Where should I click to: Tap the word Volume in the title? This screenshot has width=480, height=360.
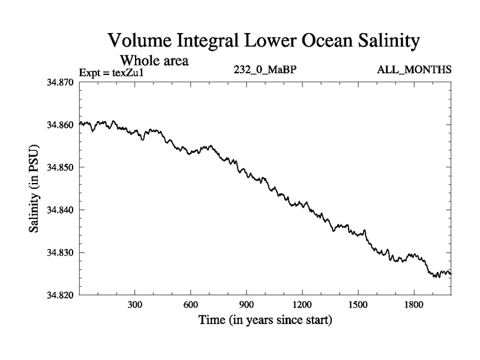[142, 41]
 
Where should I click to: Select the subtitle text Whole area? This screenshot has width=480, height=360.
[155, 60]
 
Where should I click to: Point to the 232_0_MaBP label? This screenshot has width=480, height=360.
[265, 70]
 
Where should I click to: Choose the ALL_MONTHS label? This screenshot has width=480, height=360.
[414, 70]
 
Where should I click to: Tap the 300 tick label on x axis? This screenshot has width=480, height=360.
[135, 305]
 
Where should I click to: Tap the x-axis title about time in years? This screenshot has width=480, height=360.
[265, 320]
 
